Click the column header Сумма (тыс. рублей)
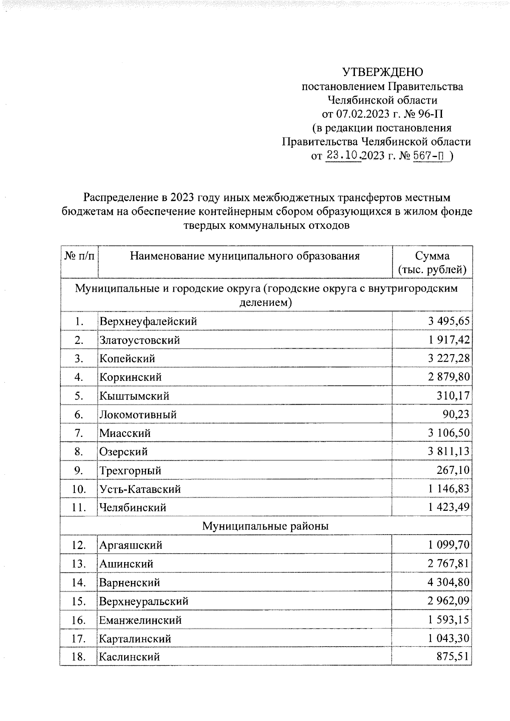click(432, 263)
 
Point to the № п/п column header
click(79, 256)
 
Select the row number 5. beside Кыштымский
click(79, 396)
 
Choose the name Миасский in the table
click(125, 434)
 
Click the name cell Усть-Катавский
click(140, 489)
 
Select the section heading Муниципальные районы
click(265, 527)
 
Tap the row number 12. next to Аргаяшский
click(79, 545)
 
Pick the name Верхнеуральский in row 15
click(144, 601)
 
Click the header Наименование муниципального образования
click(245, 256)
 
